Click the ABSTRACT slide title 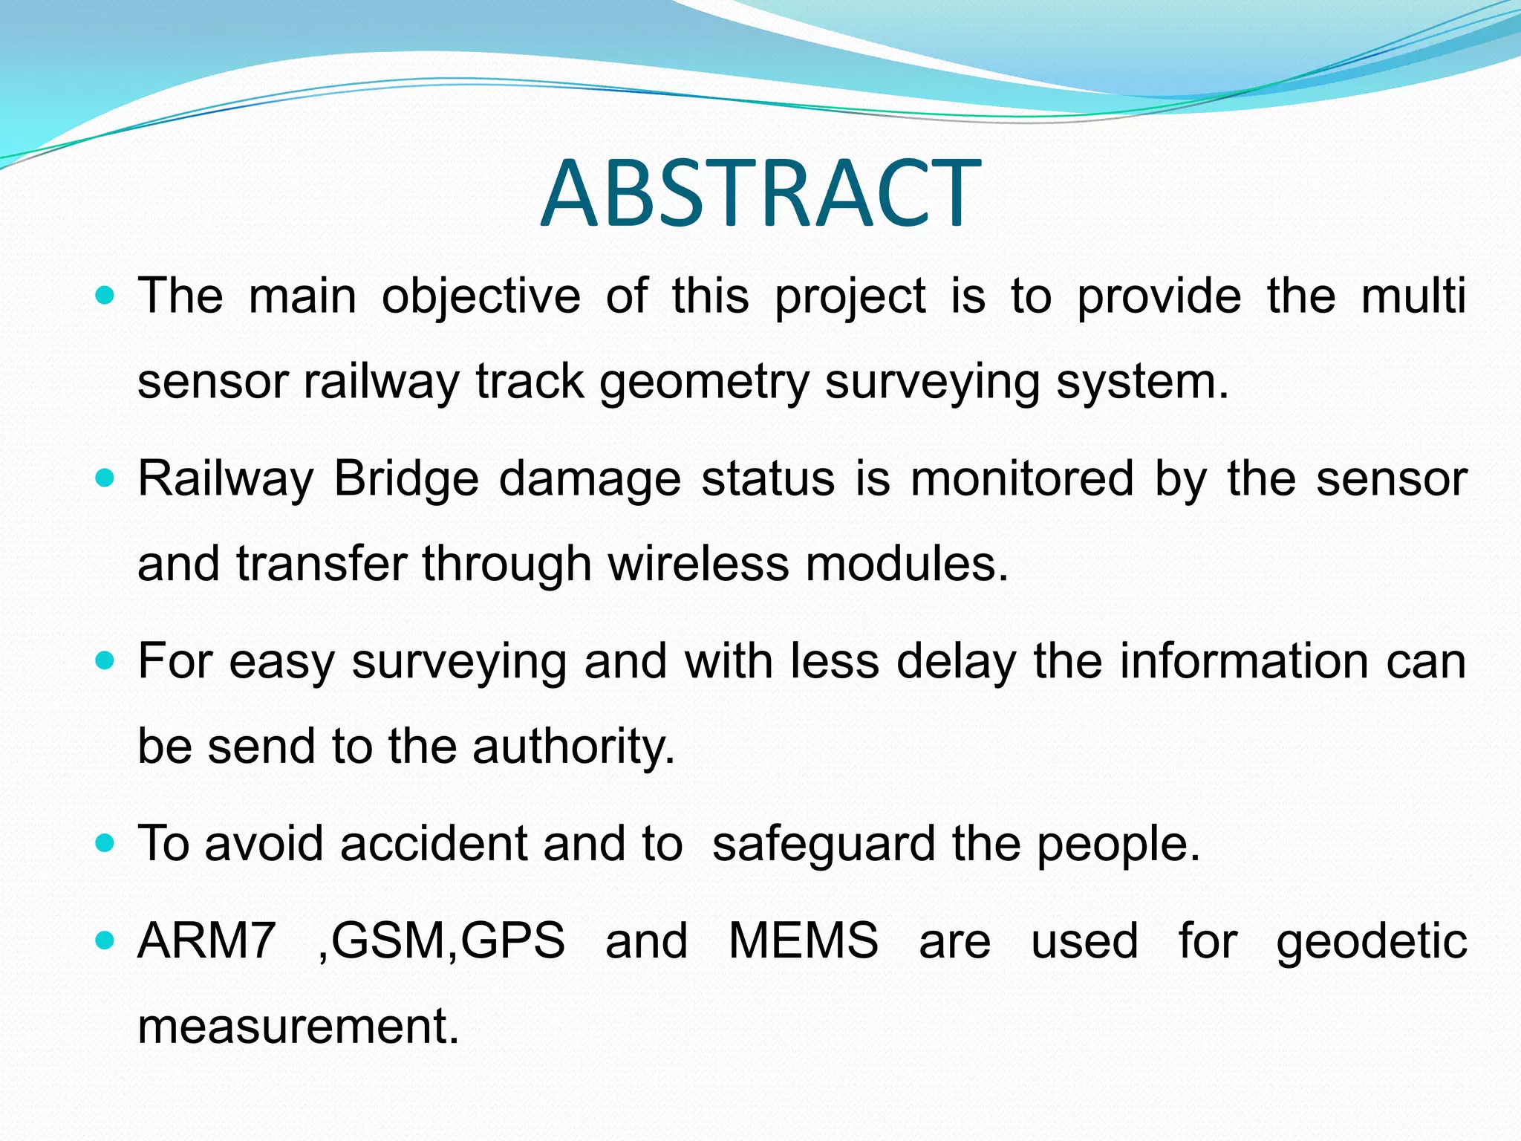(760, 193)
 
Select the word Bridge (406, 479)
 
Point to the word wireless (698, 565)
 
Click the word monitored (1022, 479)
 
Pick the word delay (956, 662)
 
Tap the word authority (573, 747)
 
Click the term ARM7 (206, 941)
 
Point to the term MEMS (803, 941)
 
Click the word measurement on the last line (298, 1027)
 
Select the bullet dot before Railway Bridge (105, 478)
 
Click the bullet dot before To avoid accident (105, 844)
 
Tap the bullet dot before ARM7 (105, 941)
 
